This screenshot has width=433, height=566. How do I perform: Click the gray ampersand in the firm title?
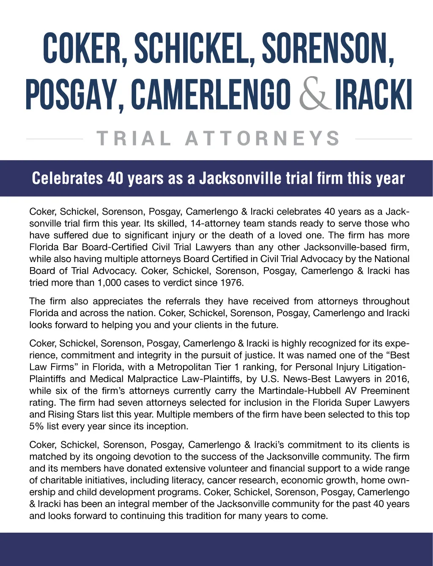tap(313, 95)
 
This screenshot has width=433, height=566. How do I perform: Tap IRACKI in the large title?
tap(373, 95)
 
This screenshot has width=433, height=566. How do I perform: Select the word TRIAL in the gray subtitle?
tap(134, 139)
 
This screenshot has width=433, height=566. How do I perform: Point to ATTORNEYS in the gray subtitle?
tap(263, 139)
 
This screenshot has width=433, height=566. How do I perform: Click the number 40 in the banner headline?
tap(115, 178)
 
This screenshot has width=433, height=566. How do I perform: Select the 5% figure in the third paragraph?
tap(36, 427)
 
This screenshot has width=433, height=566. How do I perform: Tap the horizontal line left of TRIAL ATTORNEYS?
tap(54, 139)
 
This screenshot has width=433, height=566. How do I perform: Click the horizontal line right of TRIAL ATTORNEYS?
tap(383, 139)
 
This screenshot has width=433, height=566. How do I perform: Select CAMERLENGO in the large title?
tap(211, 95)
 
